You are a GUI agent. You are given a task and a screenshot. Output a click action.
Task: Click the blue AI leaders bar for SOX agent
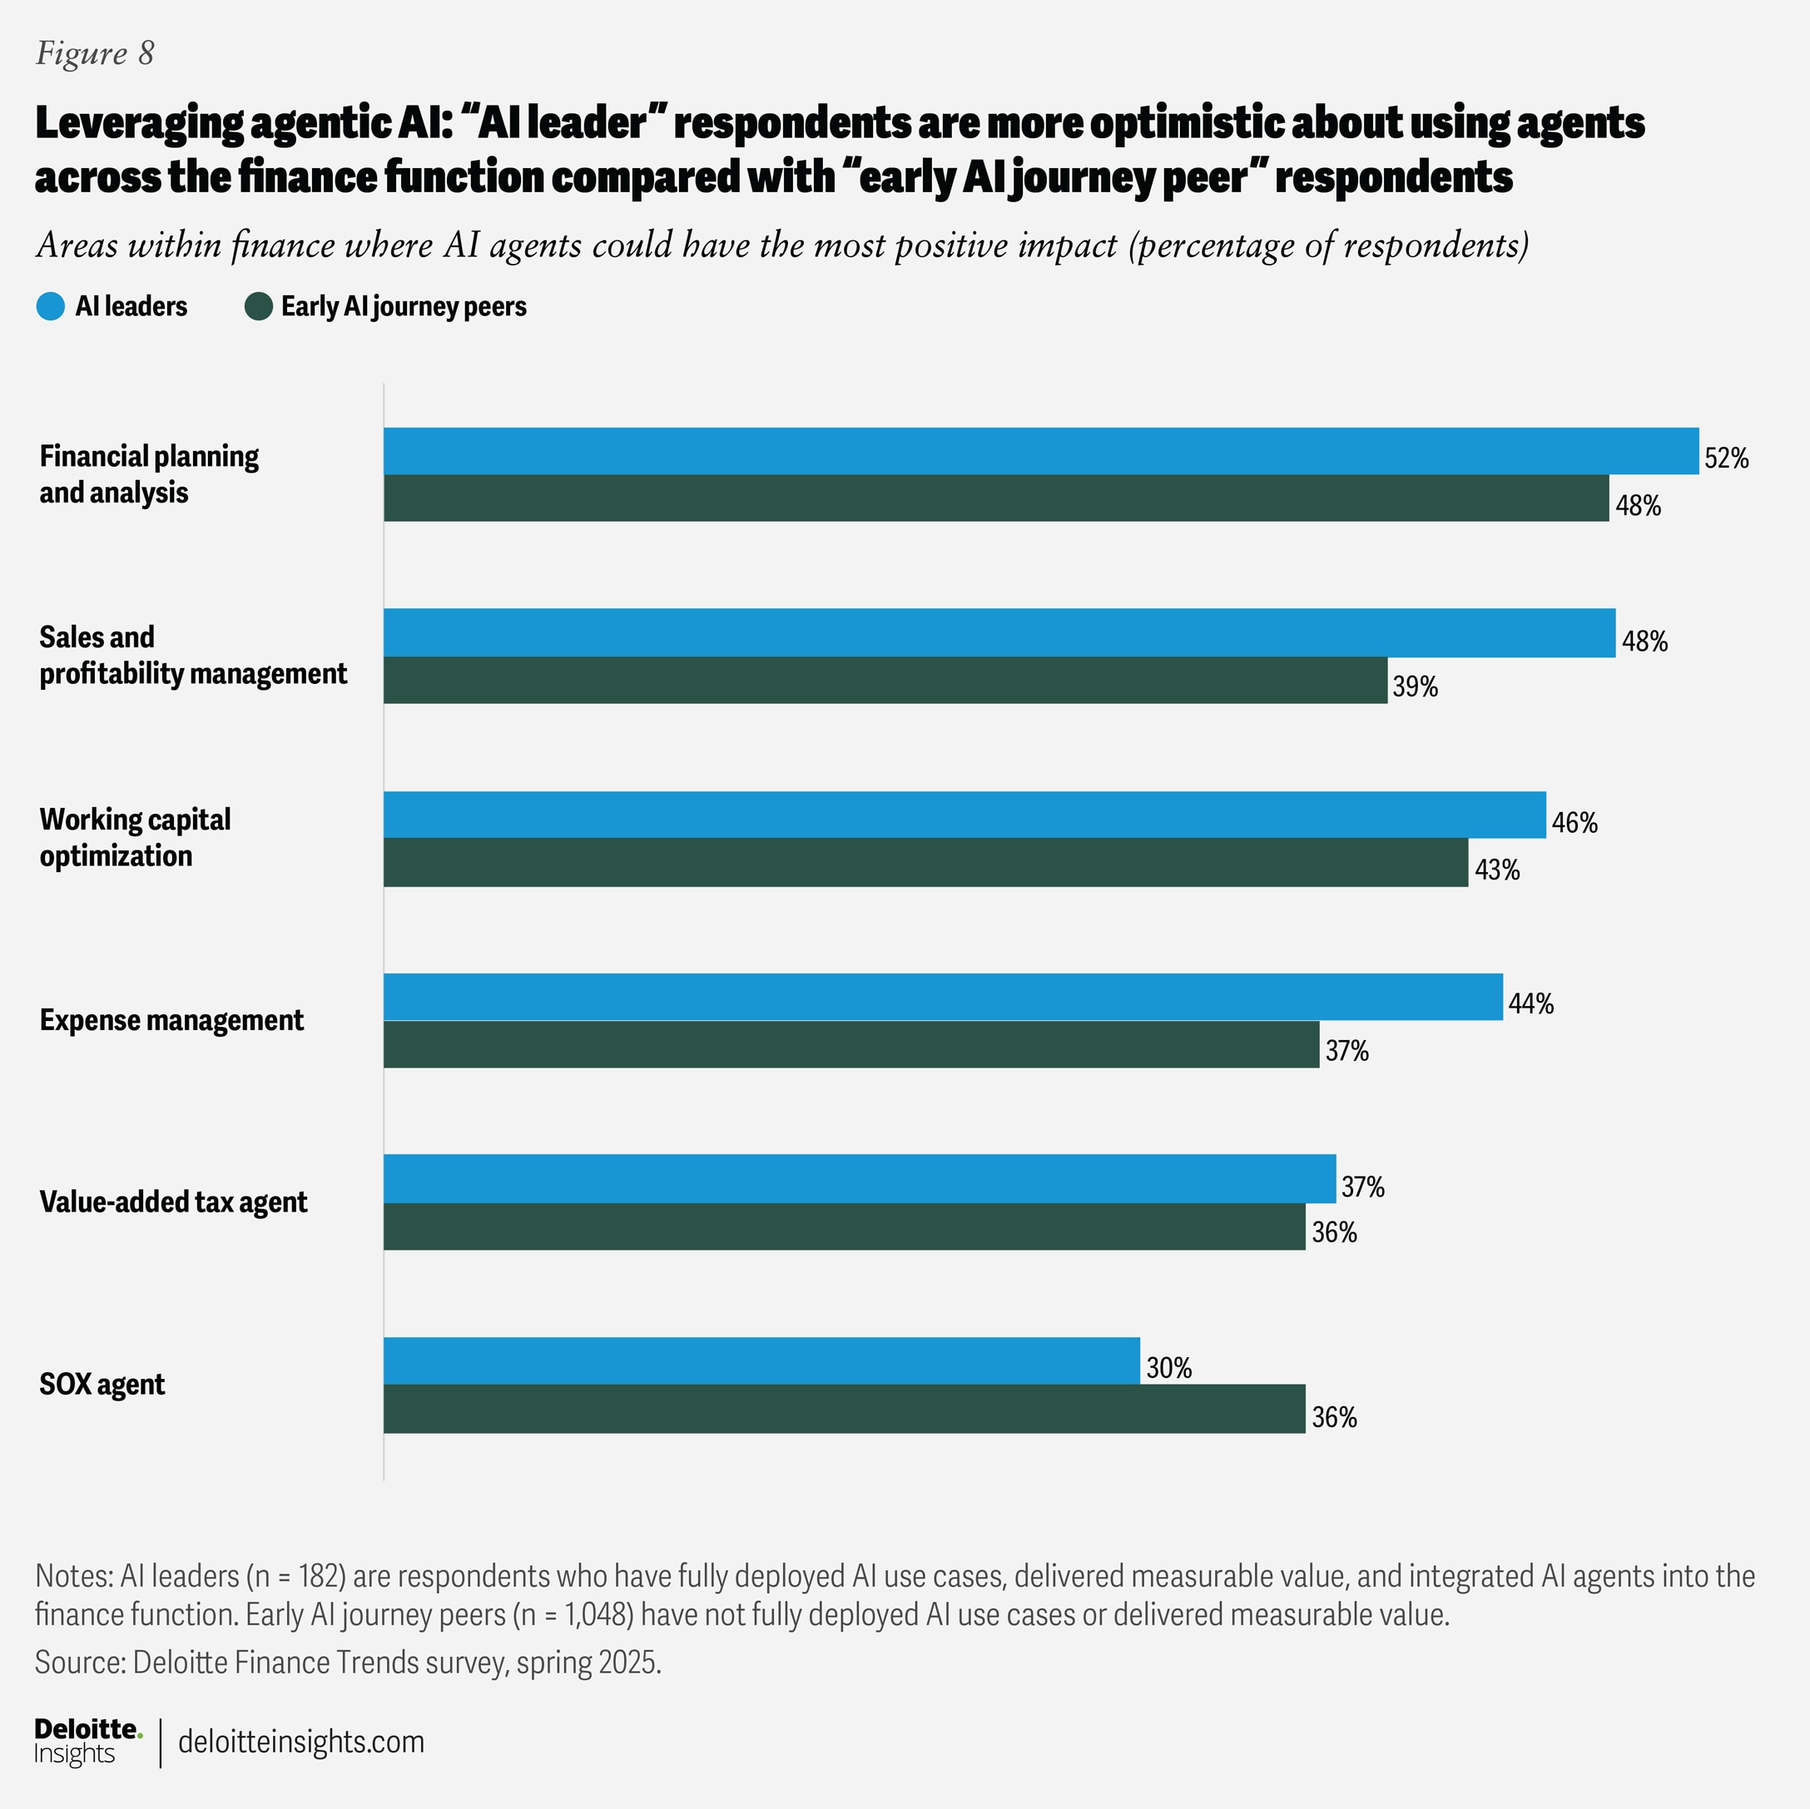(761, 1360)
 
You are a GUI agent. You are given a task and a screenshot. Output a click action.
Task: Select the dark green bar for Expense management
(850, 1043)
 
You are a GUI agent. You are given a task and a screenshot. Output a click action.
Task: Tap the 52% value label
(1726, 458)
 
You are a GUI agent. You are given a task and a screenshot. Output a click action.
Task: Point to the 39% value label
(1415, 686)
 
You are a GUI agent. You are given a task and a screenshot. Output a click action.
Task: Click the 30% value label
(1168, 1368)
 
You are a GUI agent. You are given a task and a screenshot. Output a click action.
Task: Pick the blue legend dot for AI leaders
(51, 306)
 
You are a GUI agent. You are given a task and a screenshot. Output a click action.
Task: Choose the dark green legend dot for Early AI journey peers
(258, 306)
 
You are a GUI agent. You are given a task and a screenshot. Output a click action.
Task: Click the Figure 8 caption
(95, 53)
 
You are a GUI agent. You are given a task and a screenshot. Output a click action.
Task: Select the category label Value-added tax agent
(173, 1202)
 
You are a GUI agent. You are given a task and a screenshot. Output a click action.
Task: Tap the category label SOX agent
(102, 1384)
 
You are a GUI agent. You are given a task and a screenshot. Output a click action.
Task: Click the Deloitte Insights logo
(87, 1742)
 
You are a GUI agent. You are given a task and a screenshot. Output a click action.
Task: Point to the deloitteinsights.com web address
(300, 1742)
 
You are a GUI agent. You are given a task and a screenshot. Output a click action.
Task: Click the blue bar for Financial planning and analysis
(1040, 451)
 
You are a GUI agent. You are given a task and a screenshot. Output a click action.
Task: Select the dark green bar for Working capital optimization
(925, 862)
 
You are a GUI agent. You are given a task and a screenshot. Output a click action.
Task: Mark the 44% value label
(1530, 1004)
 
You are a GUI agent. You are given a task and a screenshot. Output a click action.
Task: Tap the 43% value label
(1496, 870)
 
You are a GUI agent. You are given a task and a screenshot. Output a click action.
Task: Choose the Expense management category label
(171, 1019)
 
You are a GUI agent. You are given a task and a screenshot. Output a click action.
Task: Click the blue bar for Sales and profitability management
(999, 632)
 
